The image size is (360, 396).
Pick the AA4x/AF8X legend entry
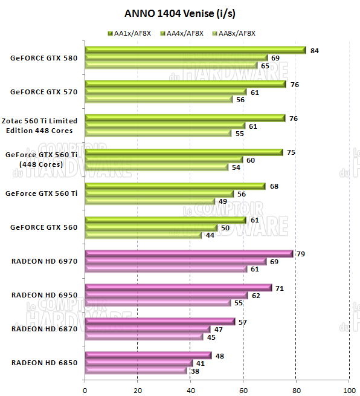[182, 33]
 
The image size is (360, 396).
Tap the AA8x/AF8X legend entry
[234, 33]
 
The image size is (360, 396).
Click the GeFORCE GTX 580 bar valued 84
[195, 51]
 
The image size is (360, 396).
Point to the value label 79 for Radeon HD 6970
[301, 253]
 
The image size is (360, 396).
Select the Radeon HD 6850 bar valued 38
[136, 371]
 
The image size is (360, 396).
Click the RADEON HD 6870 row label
[44, 329]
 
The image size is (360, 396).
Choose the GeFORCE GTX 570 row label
[44, 92]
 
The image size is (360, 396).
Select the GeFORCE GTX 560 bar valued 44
[144, 235]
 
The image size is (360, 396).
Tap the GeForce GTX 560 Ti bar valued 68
[175, 186]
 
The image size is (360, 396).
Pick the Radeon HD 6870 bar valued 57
[160, 322]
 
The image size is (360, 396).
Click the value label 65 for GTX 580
[265, 65]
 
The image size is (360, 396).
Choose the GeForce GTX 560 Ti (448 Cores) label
[42, 160]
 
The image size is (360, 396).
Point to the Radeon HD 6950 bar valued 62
[167, 295]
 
